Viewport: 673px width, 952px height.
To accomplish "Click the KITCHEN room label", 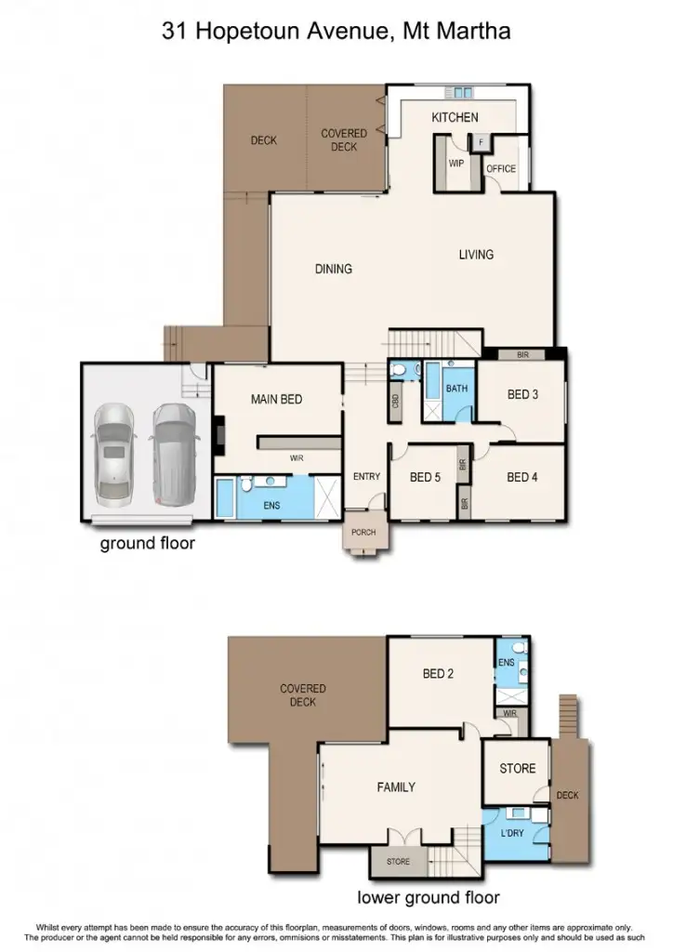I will coord(455,117).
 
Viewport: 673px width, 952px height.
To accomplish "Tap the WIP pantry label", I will coord(455,163).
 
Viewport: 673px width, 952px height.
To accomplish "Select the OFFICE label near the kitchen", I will coord(501,169).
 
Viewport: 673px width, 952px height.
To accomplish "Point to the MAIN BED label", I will coord(277,399).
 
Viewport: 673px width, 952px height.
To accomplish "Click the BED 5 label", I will coord(425,477).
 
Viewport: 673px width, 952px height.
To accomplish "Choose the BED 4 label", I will coord(522,477).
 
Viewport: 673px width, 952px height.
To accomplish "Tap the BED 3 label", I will coord(522,394).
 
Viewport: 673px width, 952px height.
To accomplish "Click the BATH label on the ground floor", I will coord(456,389).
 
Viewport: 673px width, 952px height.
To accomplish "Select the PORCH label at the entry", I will coord(363,533).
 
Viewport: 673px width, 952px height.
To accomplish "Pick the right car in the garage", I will coord(171,440).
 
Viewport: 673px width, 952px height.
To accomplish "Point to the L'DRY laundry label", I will coord(513,834).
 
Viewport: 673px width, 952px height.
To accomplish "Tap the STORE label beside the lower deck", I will coord(517,769).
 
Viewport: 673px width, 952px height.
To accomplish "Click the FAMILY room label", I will coord(395,787).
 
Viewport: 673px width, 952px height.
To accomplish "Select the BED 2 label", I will coord(438,673).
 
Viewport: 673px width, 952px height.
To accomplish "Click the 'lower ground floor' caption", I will coord(429,897).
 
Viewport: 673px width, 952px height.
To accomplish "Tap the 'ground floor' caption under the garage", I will coord(147,543).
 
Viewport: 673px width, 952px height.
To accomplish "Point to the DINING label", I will coord(333,270).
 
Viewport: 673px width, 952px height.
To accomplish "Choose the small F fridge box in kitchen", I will coord(480,143).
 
